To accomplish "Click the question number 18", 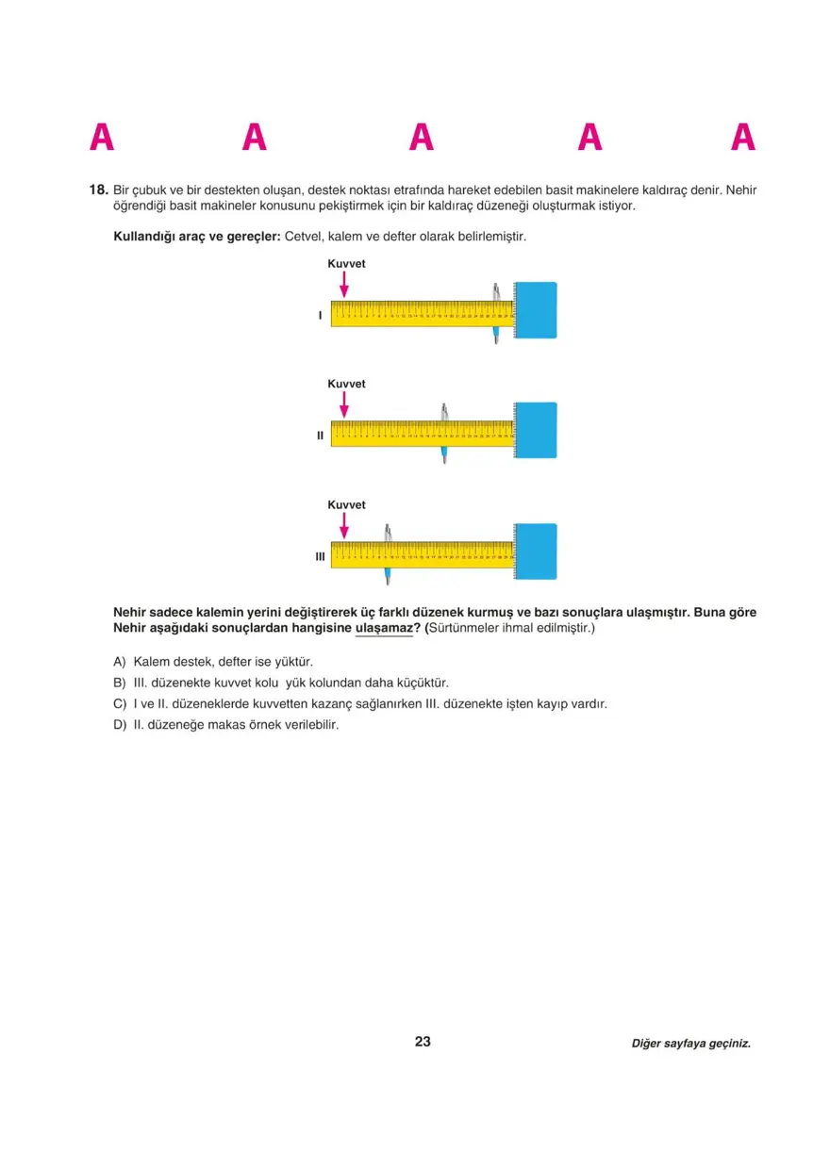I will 98,189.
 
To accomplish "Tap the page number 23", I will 423,1042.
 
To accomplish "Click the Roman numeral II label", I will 320,436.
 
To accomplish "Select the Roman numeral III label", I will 320,557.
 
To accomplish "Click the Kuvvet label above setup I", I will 346,264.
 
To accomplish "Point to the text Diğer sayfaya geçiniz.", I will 690,1044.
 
